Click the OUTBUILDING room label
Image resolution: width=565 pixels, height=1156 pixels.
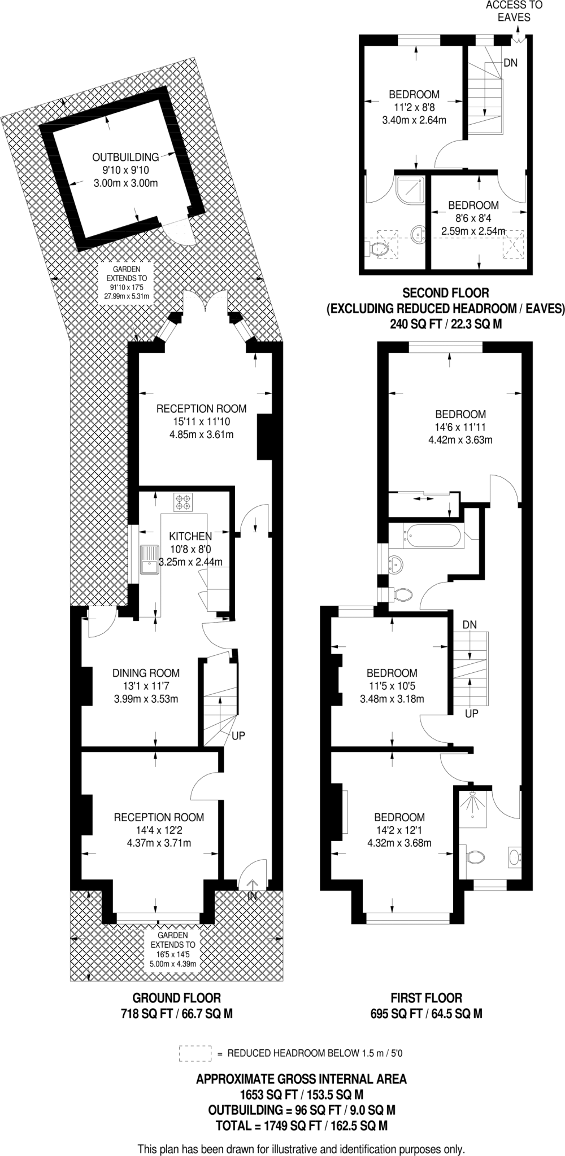125,157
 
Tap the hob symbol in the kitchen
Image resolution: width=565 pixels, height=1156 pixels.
184,502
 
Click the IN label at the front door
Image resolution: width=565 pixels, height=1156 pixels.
252,896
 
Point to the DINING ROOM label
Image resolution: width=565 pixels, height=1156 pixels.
146,673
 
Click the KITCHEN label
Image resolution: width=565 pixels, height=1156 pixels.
190,536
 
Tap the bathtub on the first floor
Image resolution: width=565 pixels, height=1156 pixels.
433,535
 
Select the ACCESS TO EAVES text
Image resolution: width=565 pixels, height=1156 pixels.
514,11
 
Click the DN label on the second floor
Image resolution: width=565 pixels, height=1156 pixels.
510,63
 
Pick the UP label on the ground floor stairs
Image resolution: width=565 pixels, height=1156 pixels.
238,736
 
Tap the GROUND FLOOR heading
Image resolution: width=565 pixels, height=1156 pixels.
176,998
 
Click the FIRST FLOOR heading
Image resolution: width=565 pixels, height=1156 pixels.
426,998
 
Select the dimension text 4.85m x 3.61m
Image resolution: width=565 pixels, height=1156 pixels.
202,435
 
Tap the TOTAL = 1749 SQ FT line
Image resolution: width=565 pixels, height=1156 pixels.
301,1110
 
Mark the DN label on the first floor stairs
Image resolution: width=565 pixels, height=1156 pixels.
469,624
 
